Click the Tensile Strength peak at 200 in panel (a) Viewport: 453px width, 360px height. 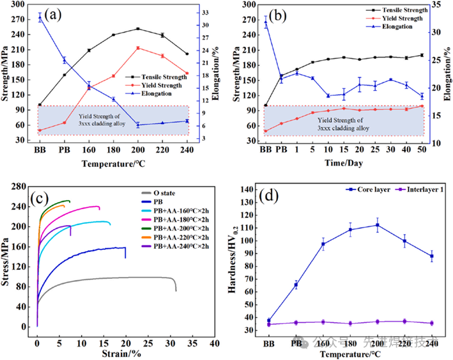click(138, 29)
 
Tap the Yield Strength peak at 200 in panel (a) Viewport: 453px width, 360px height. click(138, 48)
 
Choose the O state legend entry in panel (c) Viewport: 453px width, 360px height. click(166, 192)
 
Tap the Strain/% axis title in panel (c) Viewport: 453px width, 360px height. click(121, 352)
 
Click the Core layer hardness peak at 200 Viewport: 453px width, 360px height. click(378, 224)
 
